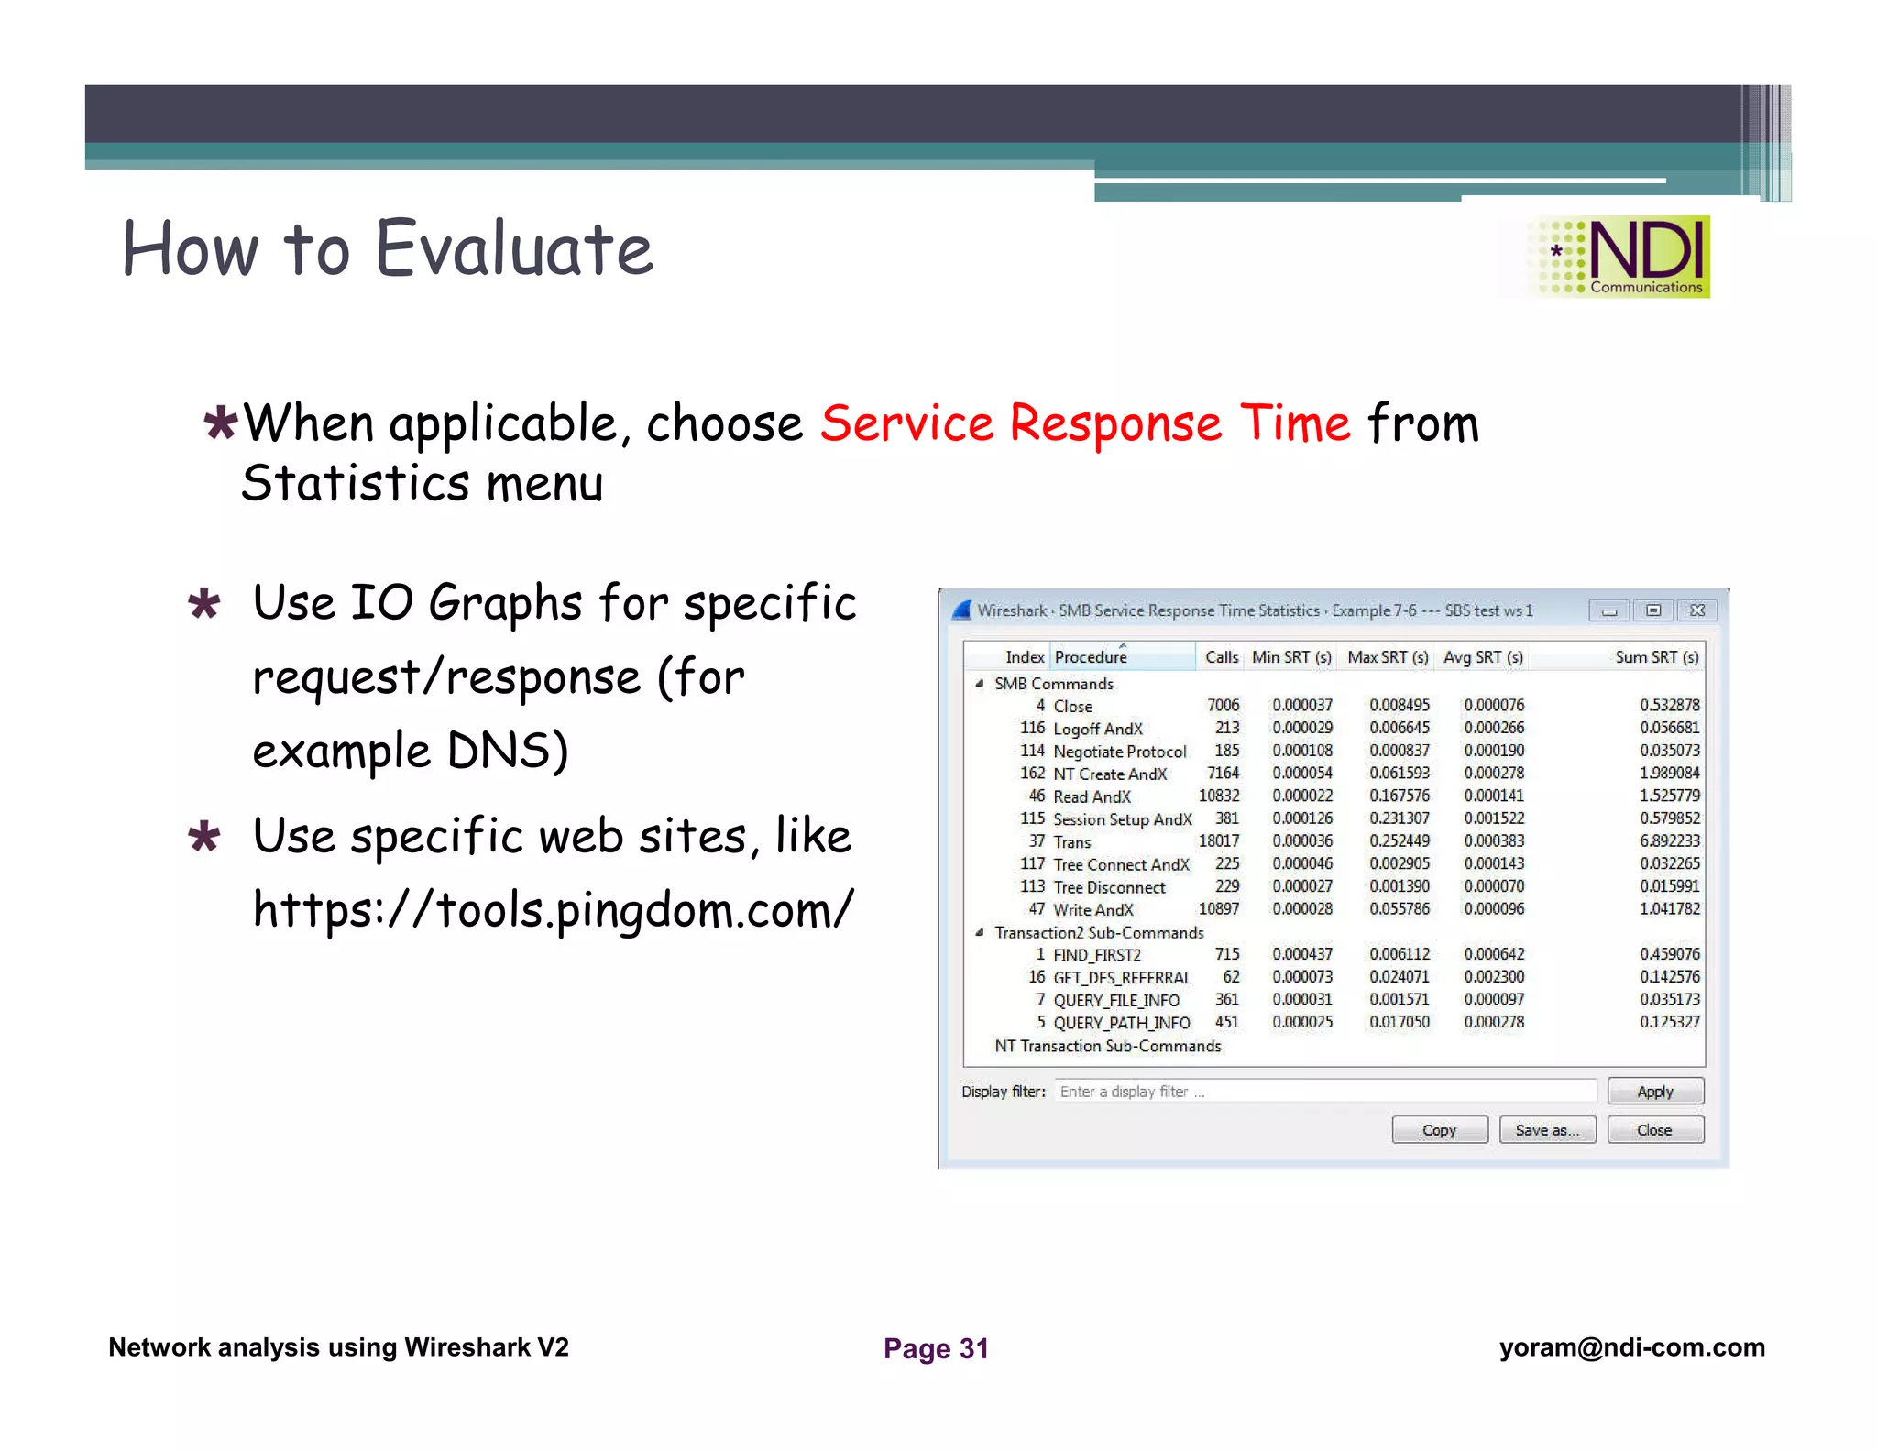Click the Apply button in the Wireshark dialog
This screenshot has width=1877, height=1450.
(x=1654, y=1092)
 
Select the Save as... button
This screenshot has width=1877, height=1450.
(x=1547, y=1130)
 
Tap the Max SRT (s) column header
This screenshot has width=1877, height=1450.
(x=1388, y=657)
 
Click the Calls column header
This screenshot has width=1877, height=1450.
(x=1221, y=657)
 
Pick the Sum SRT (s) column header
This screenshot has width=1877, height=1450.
(x=1656, y=657)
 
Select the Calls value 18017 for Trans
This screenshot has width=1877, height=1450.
(x=1219, y=841)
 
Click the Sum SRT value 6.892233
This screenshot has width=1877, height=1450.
(x=1669, y=841)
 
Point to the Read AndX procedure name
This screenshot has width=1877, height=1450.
(x=1092, y=796)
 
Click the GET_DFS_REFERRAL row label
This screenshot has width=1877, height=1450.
(x=1122, y=978)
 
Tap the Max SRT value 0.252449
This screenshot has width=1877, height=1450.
(x=1400, y=841)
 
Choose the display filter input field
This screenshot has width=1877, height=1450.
(x=1324, y=1092)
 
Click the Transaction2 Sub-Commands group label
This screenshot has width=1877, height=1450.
(x=1099, y=933)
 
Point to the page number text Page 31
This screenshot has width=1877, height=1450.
(x=936, y=1348)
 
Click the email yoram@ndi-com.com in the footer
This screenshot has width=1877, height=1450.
(x=1631, y=1347)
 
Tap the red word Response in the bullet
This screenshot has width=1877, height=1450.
(x=1115, y=423)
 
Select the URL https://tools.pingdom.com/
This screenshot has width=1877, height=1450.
(x=553, y=910)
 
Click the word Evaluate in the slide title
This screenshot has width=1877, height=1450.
(x=514, y=249)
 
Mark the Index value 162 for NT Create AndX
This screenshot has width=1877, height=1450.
(x=1032, y=774)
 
